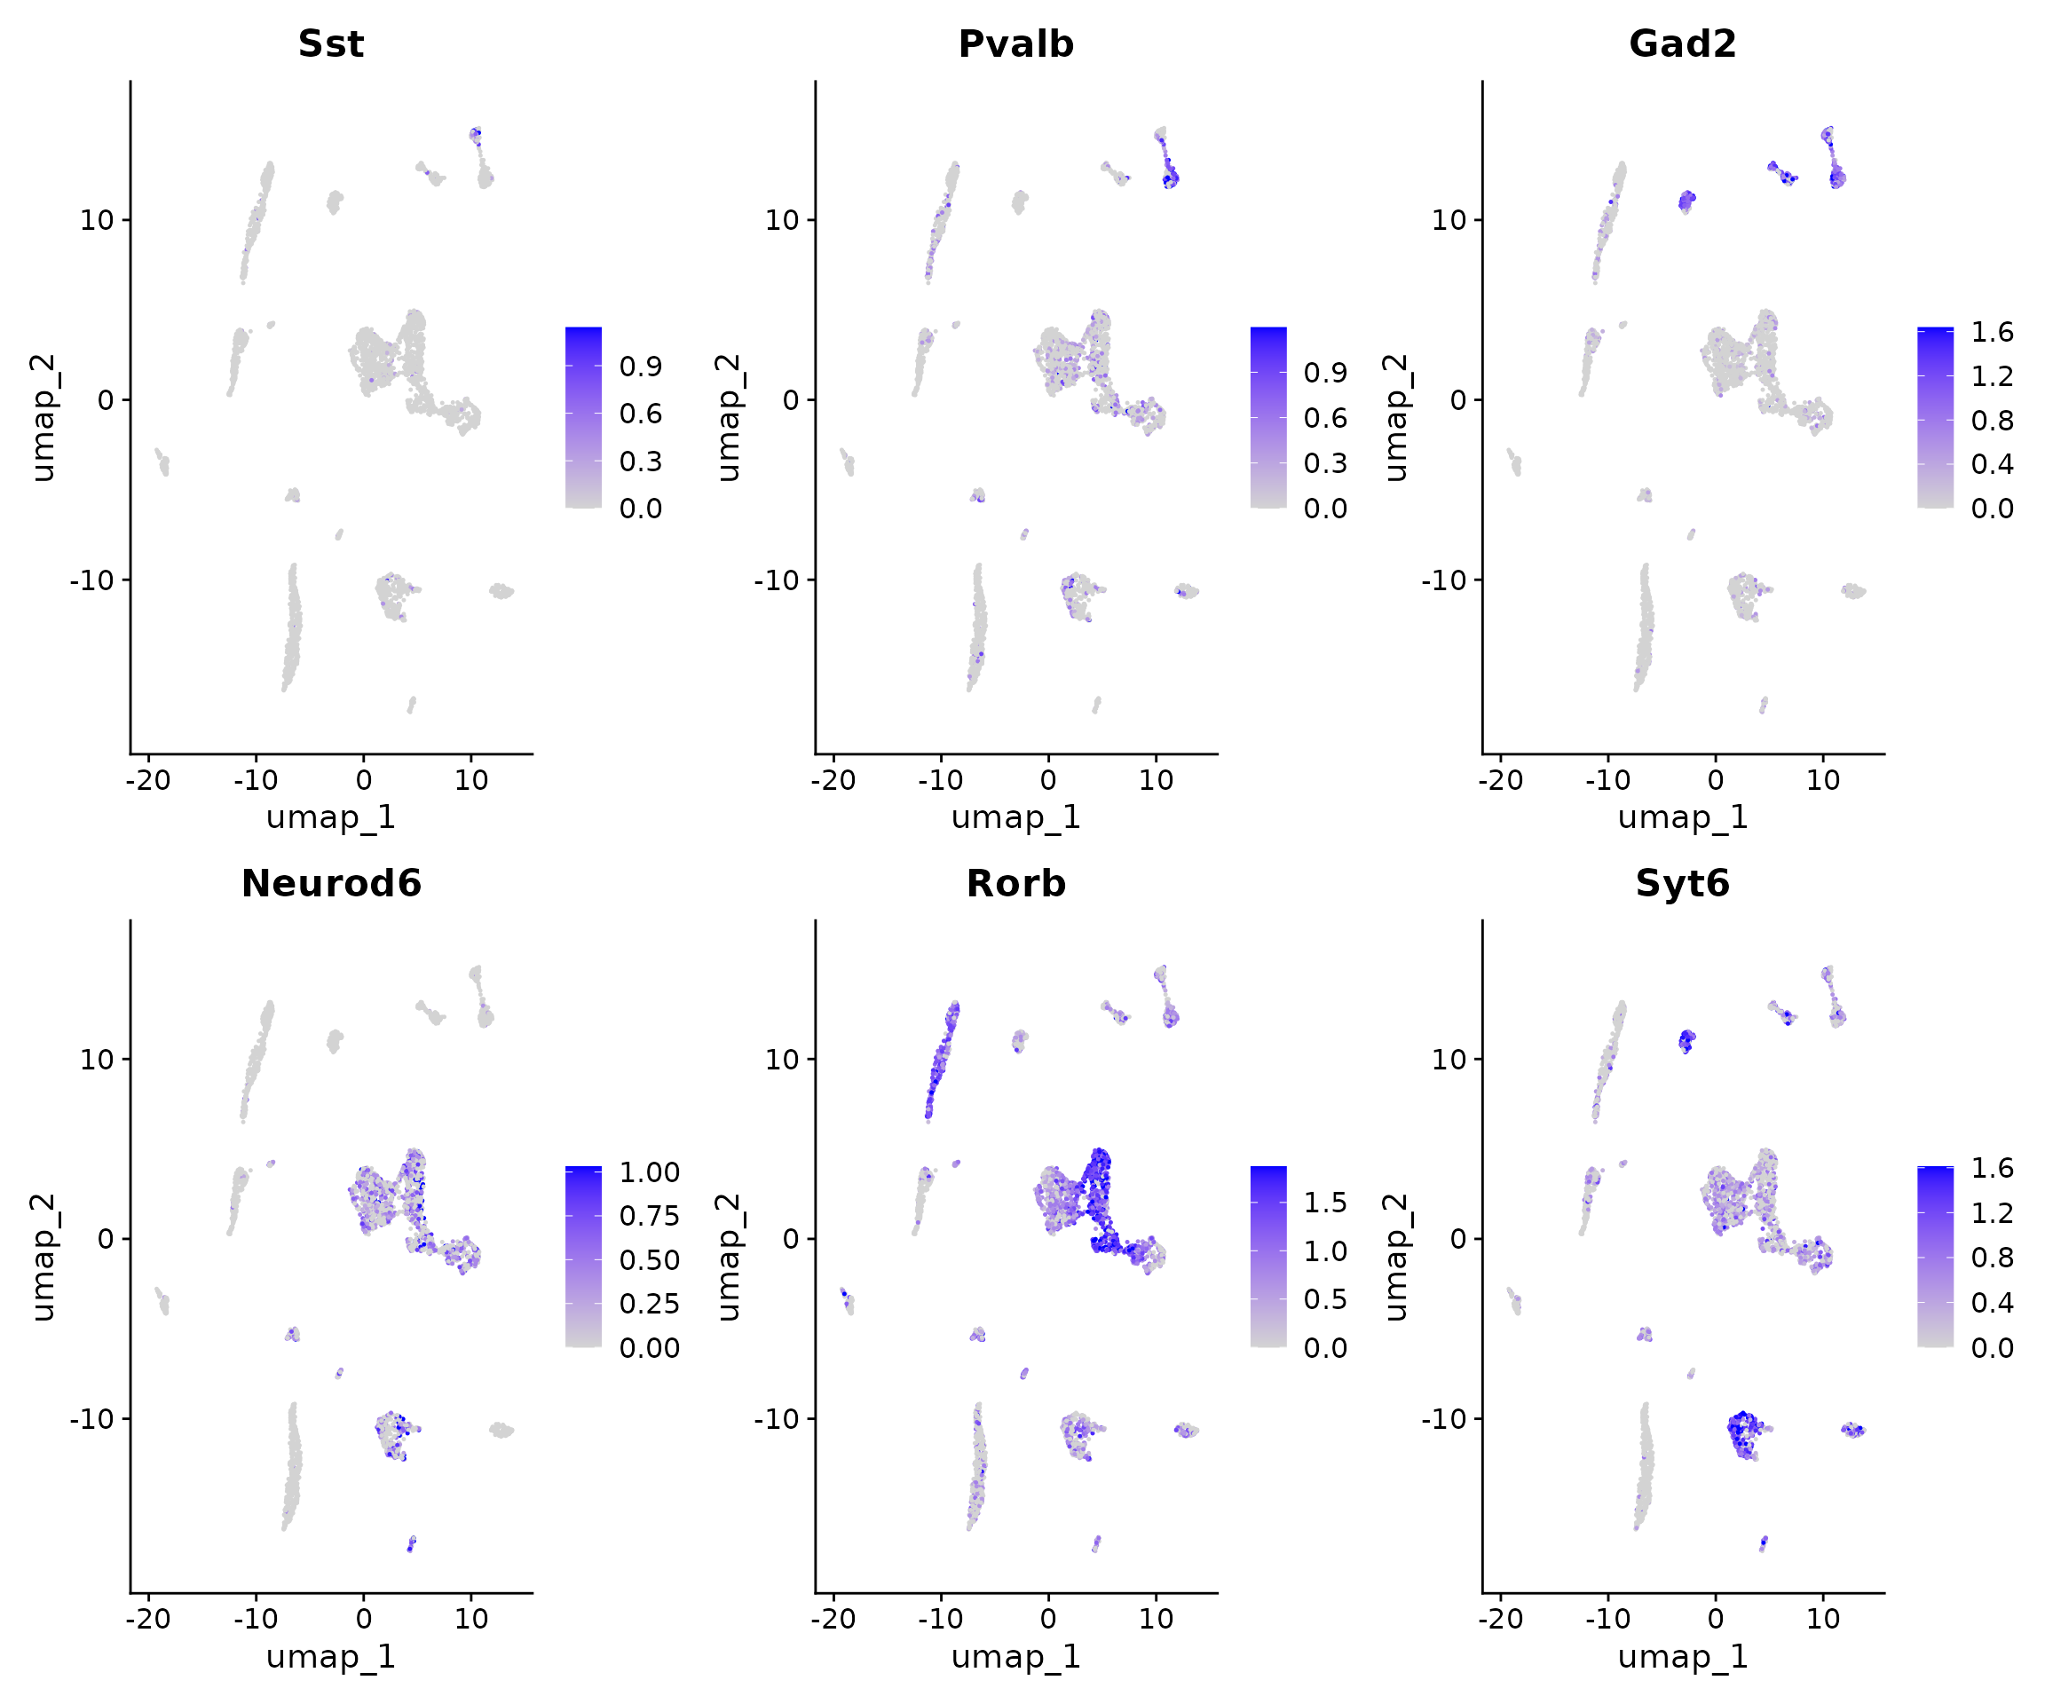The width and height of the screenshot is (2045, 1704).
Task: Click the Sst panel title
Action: click(331, 43)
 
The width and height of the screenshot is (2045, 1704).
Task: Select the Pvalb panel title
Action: click(1015, 43)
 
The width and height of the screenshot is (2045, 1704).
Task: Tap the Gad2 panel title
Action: click(1683, 43)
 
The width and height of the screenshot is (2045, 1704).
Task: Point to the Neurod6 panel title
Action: click(331, 883)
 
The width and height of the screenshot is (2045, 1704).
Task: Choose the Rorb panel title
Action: click(1015, 883)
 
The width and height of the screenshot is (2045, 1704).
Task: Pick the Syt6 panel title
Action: click(1683, 883)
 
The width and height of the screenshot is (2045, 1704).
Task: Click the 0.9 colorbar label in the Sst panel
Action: click(641, 367)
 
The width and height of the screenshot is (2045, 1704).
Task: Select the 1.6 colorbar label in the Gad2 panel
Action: click(1992, 332)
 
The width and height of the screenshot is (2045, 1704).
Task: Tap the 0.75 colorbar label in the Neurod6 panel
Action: click(650, 1215)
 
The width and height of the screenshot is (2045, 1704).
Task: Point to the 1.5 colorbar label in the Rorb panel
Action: click(1325, 1203)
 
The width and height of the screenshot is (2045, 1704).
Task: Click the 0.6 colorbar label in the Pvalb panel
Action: click(1325, 418)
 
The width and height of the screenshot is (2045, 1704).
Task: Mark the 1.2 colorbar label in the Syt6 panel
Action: click(1992, 1212)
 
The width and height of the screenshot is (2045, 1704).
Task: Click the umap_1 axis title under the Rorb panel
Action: click(1015, 1656)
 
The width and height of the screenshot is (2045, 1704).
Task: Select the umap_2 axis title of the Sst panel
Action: click(43, 418)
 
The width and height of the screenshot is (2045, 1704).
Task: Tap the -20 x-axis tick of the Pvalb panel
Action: click(833, 780)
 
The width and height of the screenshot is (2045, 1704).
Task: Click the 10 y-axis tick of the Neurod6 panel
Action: click(98, 1060)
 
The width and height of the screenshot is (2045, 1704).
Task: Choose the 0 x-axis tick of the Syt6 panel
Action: click(1716, 1620)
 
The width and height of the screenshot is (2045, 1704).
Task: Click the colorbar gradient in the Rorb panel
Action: click(1267, 1256)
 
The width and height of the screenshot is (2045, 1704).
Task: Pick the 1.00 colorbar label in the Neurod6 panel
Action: click(650, 1171)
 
